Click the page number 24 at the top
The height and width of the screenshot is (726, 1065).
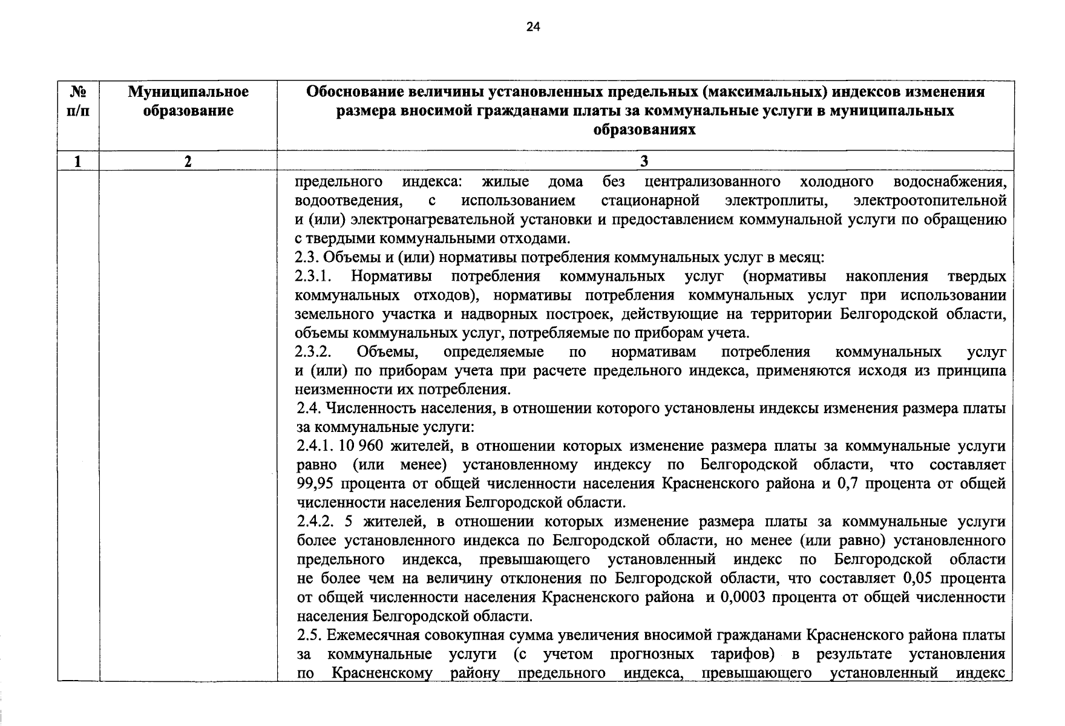pos(532,27)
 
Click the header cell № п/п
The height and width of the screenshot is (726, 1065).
pos(78,101)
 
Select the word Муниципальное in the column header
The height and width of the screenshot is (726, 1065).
pos(188,92)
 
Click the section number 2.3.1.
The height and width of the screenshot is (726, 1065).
pos(314,276)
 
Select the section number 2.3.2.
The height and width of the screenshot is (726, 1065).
pos(314,352)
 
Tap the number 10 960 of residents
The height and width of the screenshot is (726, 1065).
pos(361,446)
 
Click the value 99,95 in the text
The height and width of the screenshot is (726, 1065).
pos(316,484)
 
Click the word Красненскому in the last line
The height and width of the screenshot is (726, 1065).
pos(382,673)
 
